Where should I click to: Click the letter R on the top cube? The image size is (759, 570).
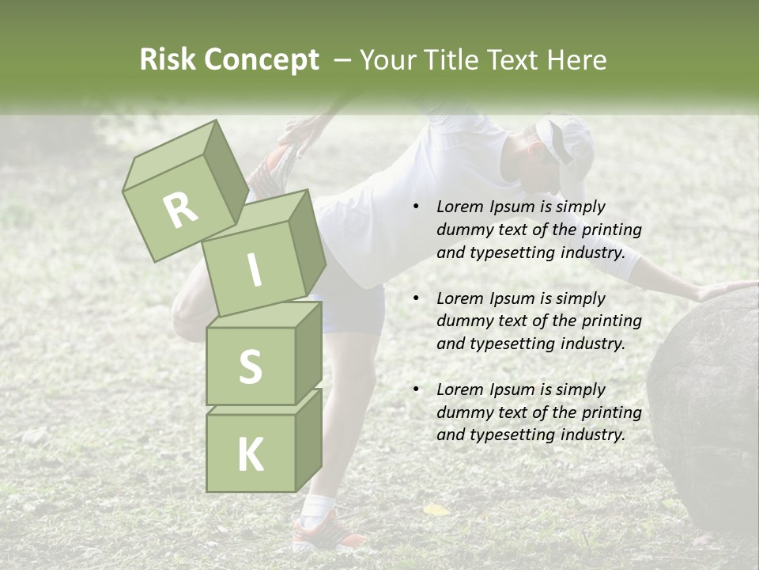pyautogui.click(x=180, y=210)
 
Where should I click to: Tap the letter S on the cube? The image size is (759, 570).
pyautogui.click(x=250, y=367)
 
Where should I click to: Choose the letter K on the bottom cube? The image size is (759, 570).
pyautogui.click(x=250, y=455)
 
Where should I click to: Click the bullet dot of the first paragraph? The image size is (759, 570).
pyautogui.click(x=416, y=207)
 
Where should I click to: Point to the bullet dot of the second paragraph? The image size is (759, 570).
pyautogui.click(x=416, y=298)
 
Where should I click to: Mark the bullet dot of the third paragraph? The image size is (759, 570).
pyautogui.click(x=416, y=389)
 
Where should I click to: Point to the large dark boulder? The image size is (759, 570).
pyautogui.click(x=708, y=396)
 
